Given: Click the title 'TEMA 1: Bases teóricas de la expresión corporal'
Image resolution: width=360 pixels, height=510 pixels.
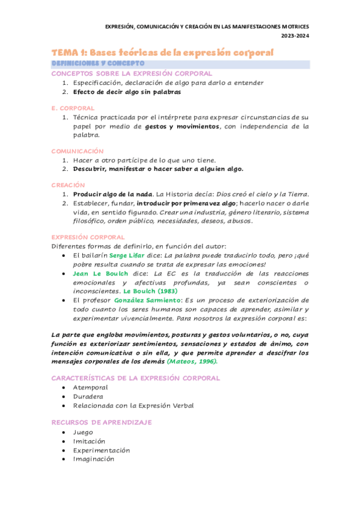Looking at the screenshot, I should pos(162,53).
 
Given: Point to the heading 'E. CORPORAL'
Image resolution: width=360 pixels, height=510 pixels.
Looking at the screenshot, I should pos(73,107).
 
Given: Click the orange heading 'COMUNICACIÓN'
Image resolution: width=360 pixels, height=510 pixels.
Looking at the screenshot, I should pos(78,151).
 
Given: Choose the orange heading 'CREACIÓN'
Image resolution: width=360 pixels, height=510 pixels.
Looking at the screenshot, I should pos(68,185).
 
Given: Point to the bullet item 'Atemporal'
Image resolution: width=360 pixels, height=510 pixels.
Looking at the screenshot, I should pos(91,387).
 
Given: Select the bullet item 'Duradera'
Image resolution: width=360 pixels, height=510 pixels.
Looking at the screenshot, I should pos(88,396).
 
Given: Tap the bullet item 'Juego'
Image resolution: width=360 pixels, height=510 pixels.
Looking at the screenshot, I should pos(83,432).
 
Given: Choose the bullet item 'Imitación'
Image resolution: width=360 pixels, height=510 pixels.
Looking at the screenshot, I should pos(90,441).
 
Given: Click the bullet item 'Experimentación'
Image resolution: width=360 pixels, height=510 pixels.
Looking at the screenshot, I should pos(102,450).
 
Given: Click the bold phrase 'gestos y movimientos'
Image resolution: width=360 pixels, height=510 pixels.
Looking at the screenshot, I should pos(182,126).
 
